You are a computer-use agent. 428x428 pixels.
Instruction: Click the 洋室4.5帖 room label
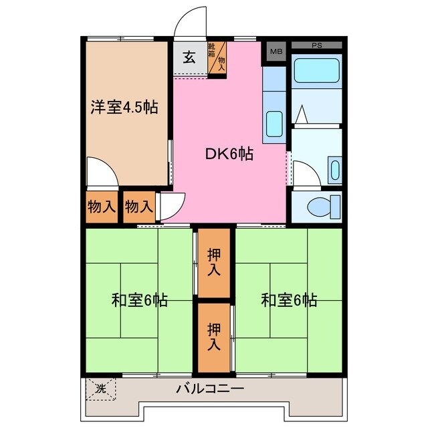tap(124, 107)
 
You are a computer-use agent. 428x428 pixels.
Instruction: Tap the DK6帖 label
tap(228, 154)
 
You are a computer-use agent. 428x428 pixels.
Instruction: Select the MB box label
tap(276, 50)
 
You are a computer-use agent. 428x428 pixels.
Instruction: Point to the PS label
tap(316, 45)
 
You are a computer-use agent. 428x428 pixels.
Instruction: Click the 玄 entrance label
tap(190, 58)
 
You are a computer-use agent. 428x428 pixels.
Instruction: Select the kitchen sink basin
tap(274, 123)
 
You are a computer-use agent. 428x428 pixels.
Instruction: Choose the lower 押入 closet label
tap(214, 336)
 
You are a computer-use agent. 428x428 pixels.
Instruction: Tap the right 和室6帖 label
tap(289, 300)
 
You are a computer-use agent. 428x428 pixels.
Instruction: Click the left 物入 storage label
tap(102, 207)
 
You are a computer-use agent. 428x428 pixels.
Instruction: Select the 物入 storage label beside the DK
tap(139, 207)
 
